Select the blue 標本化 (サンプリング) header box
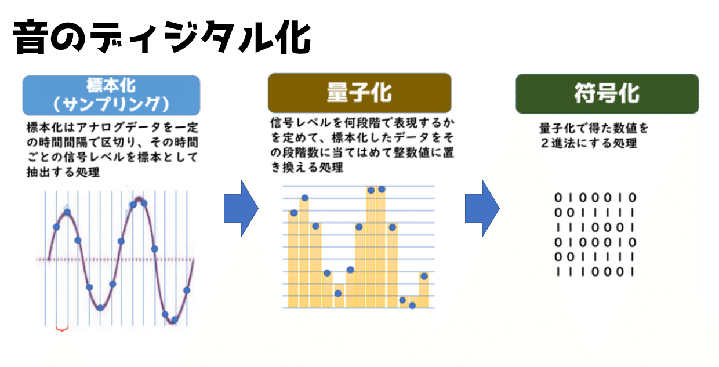111,95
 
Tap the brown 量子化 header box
359,93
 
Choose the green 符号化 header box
607,93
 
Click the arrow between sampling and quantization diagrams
241,208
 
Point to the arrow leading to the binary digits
481,208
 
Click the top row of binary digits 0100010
595,198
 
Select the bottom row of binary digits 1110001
595,271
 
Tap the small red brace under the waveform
62,329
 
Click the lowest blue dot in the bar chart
412,305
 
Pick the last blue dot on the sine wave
187,290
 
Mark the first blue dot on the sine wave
56,227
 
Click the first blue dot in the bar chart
293,212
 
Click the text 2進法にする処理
589,144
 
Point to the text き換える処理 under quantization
307,168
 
